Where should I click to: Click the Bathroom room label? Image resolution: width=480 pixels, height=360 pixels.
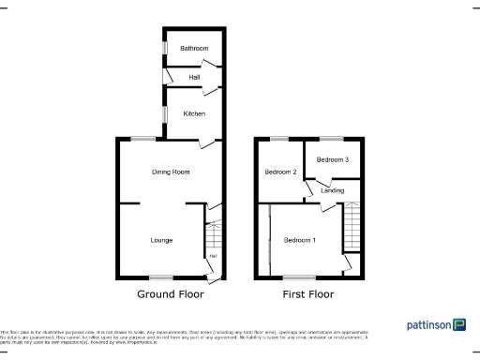coord(194,49)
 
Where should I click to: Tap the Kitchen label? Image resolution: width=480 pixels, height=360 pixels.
coord(194,113)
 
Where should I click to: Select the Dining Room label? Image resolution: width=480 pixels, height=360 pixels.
coord(171,172)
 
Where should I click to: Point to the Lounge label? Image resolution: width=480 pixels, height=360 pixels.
coord(161,240)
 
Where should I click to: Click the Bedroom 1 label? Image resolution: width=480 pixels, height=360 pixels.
coord(300,240)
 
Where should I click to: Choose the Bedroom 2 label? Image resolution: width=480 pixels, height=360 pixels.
coord(280,172)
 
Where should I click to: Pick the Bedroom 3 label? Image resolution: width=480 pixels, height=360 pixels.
coord(332,159)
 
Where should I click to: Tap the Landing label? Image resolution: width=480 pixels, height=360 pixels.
coord(332,190)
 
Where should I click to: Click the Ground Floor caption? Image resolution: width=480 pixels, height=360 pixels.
coord(171,293)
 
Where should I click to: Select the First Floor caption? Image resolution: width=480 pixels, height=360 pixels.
coord(308,293)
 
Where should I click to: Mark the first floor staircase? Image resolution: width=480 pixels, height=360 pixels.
coord(352,226)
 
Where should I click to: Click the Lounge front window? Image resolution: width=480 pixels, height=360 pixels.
coord(161,277)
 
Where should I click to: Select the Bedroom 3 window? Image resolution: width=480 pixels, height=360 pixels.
coord(332,139)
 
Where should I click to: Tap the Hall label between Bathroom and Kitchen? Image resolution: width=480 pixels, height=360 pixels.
coord(194,78)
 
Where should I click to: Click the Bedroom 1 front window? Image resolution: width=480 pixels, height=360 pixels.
coord(300,277)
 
